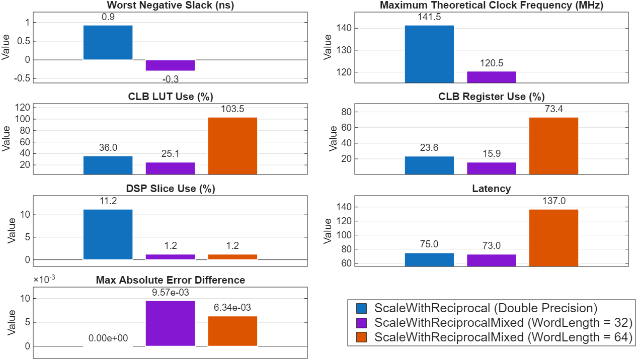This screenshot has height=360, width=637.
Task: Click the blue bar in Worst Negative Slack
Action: tap(108, 43)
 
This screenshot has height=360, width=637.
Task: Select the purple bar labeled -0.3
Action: tap(170, 65)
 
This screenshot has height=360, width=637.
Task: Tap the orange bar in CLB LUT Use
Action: tap(232, 146)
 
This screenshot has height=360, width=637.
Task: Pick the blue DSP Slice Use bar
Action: tap(108, 234)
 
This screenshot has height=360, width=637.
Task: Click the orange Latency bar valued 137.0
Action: tap(553, 238)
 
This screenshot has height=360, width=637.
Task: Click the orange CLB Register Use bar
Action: tap(553, 146)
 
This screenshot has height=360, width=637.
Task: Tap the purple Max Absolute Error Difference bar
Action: tap(170, 323)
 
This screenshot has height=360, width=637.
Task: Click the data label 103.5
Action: tap(232, 109)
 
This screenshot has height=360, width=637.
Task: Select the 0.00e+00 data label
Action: tap(108, 338)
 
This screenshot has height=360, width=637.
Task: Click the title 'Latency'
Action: tap(491, 189)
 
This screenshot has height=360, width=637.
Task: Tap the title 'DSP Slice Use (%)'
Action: tap(170, 189)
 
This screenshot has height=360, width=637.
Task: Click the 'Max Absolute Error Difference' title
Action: tap(170, 280)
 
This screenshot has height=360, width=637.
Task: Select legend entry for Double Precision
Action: tap(486, 308)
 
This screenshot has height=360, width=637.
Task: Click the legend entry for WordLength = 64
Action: tap(503, 337)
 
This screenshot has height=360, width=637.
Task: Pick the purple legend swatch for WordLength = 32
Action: tap(361, 323)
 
